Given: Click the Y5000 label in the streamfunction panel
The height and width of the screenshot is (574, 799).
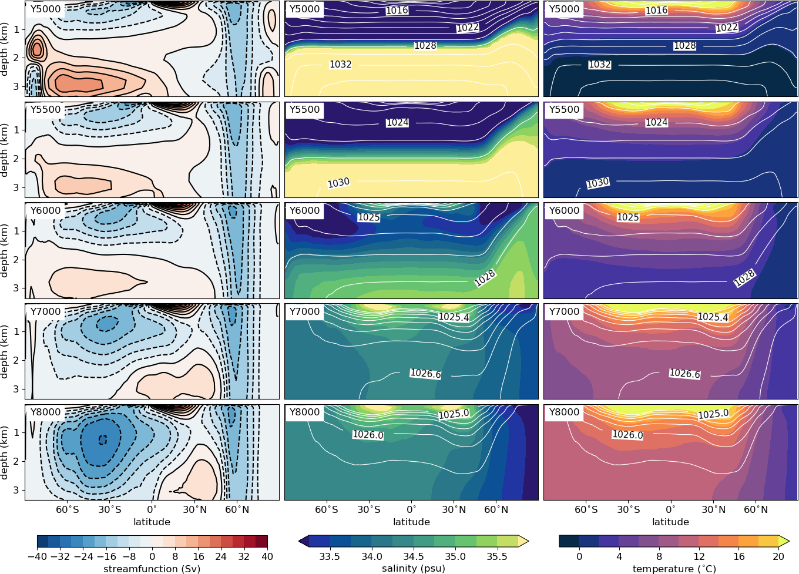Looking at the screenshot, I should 45,9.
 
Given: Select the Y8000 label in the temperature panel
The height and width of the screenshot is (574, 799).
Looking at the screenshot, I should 564,412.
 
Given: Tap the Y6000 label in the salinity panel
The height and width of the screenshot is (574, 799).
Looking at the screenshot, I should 304,210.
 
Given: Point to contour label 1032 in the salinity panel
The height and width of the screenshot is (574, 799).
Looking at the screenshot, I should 340,65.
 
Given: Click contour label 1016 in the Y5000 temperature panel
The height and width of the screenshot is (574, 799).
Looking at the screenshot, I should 656,11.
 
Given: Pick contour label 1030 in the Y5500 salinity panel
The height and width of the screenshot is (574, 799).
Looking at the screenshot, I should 338,183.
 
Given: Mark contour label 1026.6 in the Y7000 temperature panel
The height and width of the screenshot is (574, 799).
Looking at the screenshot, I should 684,374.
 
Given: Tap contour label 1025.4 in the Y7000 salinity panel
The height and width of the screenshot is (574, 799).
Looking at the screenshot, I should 454,317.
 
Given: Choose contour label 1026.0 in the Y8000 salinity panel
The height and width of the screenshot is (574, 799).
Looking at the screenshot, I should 368,435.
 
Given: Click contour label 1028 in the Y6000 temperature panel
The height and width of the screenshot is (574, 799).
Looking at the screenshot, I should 744,278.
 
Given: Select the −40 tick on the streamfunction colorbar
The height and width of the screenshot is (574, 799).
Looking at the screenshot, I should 37,556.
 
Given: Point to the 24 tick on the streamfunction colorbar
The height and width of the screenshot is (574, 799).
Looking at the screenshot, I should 221,556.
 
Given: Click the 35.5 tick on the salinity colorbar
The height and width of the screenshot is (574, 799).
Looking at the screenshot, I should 497,556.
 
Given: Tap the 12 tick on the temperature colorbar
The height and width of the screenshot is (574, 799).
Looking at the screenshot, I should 699,556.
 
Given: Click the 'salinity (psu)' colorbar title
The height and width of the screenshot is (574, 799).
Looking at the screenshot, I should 413,568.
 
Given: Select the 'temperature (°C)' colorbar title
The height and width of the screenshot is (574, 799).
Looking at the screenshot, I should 674,568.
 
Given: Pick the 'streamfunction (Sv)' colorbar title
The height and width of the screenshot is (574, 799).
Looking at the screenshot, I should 152,568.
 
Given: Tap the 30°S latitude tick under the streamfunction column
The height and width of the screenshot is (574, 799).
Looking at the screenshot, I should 110,509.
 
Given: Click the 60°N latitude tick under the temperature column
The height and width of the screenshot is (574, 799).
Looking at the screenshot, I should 756,509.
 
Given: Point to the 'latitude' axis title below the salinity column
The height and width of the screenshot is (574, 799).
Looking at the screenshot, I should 411,522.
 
